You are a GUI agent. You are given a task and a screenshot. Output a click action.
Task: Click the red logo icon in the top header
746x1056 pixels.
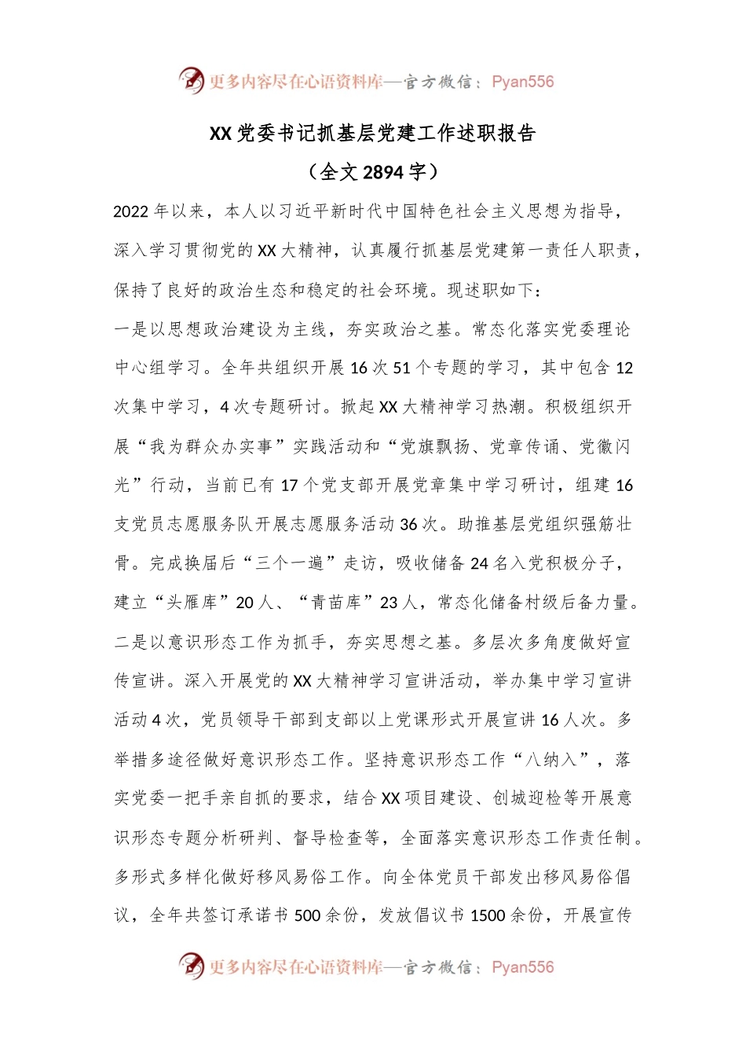192,80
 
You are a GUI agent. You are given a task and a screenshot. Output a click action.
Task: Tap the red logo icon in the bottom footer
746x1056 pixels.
192,966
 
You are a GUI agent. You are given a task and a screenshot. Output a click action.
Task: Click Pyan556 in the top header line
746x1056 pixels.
522,82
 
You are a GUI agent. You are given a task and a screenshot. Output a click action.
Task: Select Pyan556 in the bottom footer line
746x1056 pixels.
522,967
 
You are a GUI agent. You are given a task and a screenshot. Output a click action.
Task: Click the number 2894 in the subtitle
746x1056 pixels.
384,172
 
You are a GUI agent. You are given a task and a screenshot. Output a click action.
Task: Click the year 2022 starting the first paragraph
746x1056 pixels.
131,211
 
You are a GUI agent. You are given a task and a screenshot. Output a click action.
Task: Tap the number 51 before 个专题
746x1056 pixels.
401,368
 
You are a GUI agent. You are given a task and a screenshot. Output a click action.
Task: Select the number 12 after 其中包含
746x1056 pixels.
624,368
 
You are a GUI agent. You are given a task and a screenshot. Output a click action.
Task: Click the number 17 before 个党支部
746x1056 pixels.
289,486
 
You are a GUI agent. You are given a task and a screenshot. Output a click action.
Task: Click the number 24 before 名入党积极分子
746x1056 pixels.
479,563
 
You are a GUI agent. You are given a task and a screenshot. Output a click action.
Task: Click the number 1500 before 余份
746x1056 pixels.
488,915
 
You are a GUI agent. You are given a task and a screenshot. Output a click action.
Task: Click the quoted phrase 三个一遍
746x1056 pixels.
294,563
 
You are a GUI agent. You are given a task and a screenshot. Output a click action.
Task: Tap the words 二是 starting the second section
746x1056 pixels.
131,642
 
